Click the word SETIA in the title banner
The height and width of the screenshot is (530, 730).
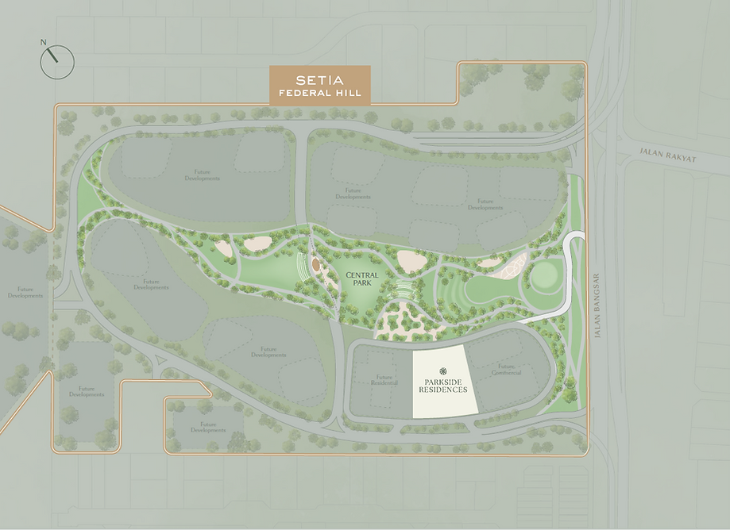point(319,80)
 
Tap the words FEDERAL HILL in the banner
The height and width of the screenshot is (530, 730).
point(319,94)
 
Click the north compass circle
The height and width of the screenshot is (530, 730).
point(57,62)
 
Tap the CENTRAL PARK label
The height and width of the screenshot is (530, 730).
point(363,278)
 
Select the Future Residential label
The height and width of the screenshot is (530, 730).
point(384,380)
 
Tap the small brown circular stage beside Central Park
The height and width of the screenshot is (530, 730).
point(315,264)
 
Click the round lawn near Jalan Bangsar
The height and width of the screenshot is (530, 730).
point(545,277)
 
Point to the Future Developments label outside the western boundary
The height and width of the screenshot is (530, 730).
point(25,293)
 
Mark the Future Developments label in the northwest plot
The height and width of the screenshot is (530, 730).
point(205,175)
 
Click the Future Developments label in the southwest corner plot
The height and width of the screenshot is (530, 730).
point(86,392)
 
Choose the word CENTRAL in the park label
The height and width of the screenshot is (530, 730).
point(363,274)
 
